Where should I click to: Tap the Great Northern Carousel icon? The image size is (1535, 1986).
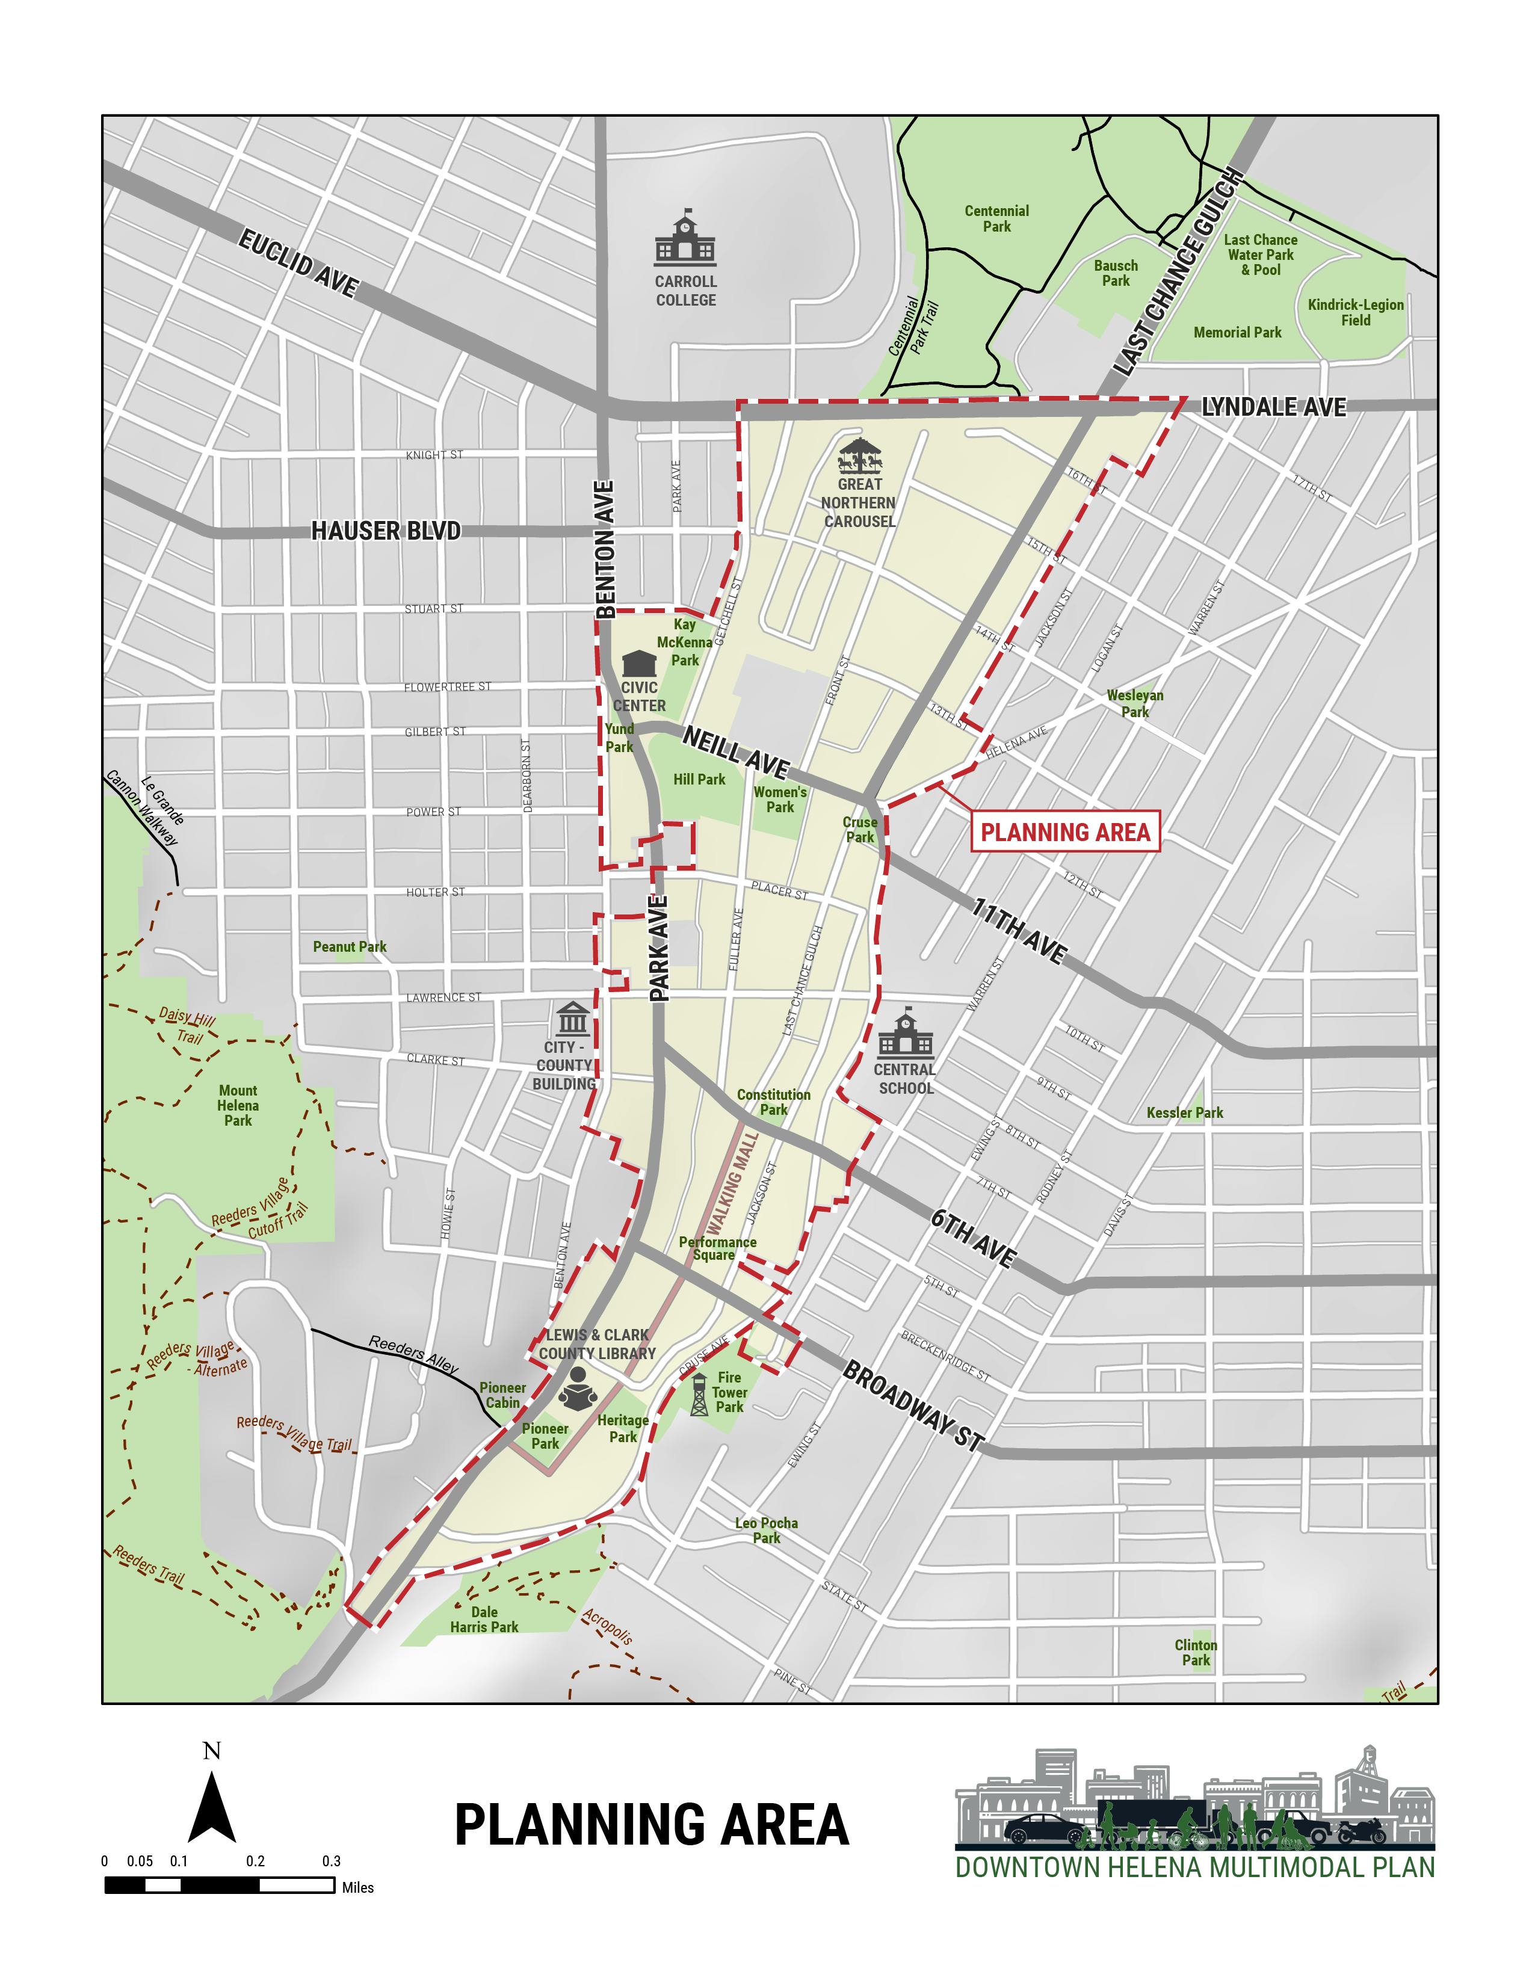859,455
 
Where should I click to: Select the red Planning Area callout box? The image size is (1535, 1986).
1065,831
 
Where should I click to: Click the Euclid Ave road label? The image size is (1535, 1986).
298,263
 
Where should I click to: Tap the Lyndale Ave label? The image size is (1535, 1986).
1273,407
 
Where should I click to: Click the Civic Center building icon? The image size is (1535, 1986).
639,663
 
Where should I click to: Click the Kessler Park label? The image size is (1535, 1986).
1184,1112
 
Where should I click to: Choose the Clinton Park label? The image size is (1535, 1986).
1195,1652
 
